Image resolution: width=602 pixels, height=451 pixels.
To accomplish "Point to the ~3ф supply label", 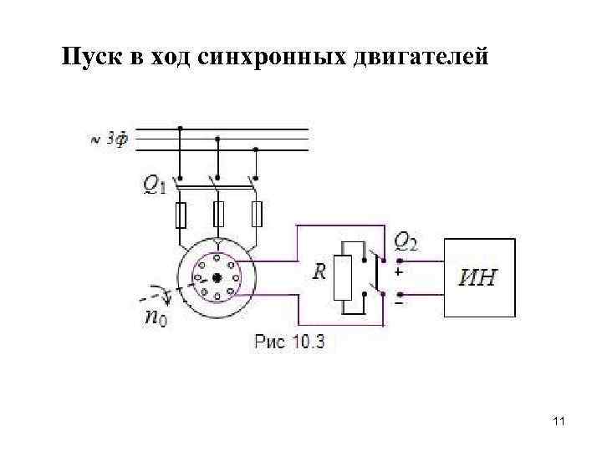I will (x=110, y=139).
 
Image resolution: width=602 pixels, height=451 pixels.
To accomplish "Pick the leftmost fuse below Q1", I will (x=180, y=215).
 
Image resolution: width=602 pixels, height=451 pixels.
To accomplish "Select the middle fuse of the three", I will (x=218, y=215).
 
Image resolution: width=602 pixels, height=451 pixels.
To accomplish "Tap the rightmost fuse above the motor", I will (x=257, y=215).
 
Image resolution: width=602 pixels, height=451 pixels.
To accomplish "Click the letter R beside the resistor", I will (x=319, y=271).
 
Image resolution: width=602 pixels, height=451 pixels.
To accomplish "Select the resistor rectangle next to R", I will (x=343, y=278).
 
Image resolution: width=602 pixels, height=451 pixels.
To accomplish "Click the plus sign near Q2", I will (x=398, y=271).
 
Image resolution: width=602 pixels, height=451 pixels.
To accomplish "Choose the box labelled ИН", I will (x=477, y=277).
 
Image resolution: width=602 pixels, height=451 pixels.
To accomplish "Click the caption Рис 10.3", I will (x=288, y=341).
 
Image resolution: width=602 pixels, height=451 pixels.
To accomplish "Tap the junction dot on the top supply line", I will (x=180, y=129).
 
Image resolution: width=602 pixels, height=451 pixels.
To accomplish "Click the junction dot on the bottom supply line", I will (x=256, y=150).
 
